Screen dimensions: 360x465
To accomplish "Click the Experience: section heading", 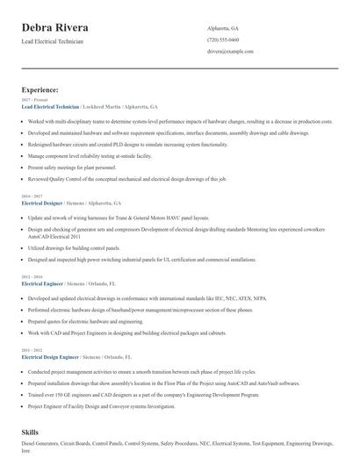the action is pyautogui.click(x=40, y=89).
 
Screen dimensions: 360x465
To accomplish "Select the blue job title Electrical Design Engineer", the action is pyautogui.click(x=50, y=358).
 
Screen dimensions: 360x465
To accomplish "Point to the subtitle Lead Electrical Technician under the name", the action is pyautogui.click(x=53, y=42).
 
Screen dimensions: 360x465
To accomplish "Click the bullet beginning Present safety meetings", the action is pyautogui.click(x=73, y=166).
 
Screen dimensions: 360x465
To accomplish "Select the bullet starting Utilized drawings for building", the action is pyautogui.click(x=76, y=248).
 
